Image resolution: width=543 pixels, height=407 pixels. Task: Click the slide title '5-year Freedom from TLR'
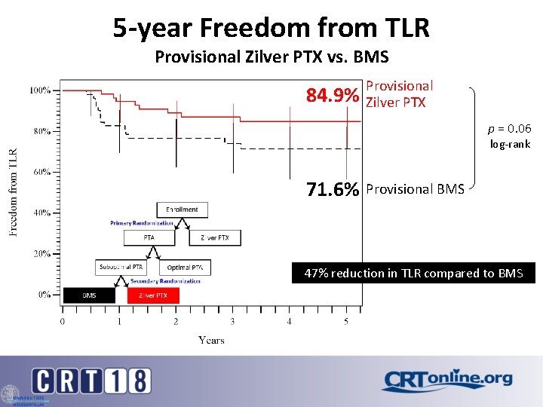[x=271, y=28]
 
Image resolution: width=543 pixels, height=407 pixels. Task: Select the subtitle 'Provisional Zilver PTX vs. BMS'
[x=271, y=56]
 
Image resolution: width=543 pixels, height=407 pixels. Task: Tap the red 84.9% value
[x=332, y=96]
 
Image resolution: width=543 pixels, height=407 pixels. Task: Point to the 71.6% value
[x=332, y=190]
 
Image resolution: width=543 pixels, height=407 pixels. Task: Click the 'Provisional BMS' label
[x=415, y=189]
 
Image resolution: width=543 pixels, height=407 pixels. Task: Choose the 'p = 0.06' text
[x=510, y=129]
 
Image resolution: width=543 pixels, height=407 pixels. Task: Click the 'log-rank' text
[x=510, y=144]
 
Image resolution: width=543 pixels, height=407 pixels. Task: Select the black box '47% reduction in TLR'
[x=413, y=273]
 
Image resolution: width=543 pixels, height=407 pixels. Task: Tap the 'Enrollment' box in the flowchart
[x=183, y=210]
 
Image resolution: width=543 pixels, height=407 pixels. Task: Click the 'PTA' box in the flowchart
[x=149, y=238]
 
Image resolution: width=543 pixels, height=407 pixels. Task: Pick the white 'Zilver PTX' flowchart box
[x=215, y=238]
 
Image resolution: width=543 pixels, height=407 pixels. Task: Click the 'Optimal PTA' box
[x=186, y=268]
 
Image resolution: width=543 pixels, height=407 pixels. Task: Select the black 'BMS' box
[x=89, y=295]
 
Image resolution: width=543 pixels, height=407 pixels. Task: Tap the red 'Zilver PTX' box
[x=153, y=295]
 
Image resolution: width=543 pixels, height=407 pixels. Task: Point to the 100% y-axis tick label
[x=41, y=90]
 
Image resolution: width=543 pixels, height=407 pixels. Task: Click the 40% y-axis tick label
[x=41, y=213]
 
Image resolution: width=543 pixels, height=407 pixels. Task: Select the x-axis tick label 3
[x=232, y=322]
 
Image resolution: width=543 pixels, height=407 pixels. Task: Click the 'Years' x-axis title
[x=211, y=340]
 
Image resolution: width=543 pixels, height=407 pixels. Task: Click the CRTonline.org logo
[x=446, y=381]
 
